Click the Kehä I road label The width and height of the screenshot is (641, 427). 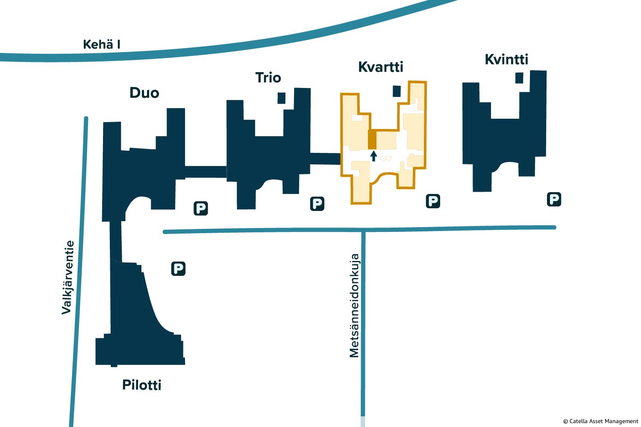point(101,44)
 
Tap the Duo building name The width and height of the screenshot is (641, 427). point(144,93)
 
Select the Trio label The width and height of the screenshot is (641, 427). point(268,78)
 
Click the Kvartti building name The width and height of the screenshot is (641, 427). point(381,67)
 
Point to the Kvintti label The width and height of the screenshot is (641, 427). point(506,59)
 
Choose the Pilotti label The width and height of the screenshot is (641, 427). point(142,385)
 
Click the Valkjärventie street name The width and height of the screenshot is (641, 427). point(68,278)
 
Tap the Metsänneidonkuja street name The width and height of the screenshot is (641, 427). point(354,306)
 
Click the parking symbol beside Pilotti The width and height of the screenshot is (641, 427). point(178,269)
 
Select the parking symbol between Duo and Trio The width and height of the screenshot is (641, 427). point(200,208)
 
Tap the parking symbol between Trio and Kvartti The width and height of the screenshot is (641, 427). point(317,204)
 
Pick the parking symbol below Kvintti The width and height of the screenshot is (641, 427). point(554,199)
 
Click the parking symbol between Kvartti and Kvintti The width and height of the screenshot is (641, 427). point(433,201)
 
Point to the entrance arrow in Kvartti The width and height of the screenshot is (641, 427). point(373,156)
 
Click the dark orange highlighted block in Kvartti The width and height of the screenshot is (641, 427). point(372,140)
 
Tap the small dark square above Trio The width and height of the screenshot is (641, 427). point(281,98)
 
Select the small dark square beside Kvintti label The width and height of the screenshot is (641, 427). point(519,78)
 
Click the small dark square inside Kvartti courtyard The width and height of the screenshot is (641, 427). point(397,91)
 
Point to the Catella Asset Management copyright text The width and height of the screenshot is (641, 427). point(600,421)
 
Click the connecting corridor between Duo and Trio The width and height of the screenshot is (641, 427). point(206,172)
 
